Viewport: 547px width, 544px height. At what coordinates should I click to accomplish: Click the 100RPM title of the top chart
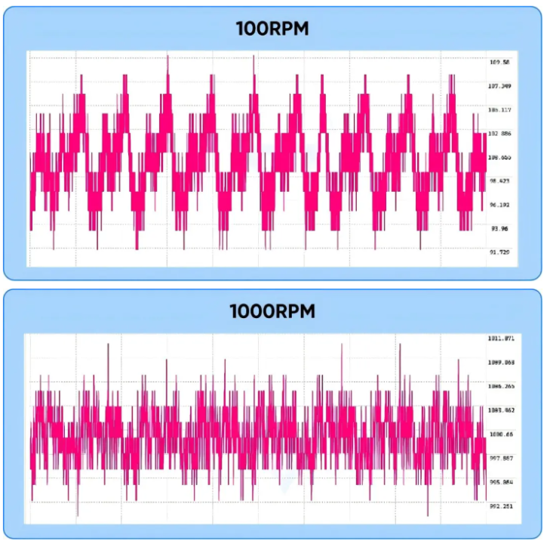(272, 29)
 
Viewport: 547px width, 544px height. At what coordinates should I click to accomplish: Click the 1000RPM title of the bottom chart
(272, 311)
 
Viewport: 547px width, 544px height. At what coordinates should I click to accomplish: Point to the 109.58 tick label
(499, 62)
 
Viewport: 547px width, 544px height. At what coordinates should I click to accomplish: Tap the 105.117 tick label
(501, 110)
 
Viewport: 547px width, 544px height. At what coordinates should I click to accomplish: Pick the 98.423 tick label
(499, 181)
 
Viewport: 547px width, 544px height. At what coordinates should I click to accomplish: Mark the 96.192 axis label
(499, 205)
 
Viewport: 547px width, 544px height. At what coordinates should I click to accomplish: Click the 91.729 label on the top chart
(499, 252)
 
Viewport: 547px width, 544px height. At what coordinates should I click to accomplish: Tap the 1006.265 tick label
(502, 386)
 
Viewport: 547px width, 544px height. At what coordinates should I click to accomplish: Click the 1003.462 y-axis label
(502, 410)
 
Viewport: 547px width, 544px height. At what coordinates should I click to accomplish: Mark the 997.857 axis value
(502, 458)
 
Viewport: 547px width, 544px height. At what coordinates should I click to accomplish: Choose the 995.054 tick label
(502, 482)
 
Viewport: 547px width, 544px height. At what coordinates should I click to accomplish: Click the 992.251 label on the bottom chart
(502, 506)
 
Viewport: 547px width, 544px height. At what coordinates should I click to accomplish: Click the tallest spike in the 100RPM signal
(167, 57)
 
